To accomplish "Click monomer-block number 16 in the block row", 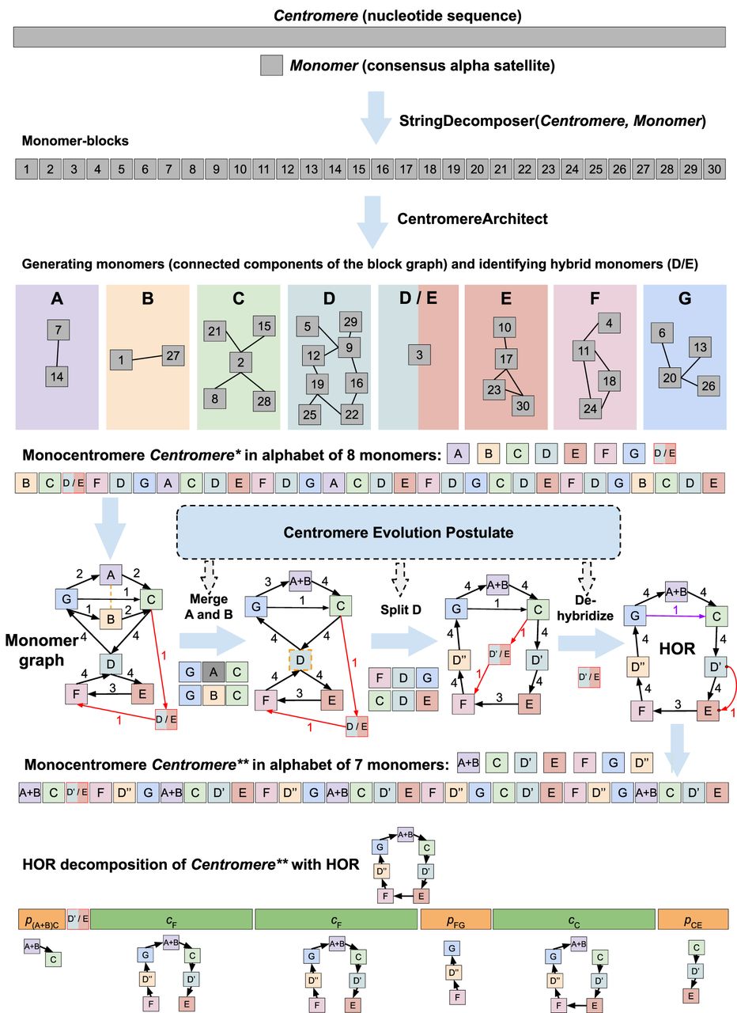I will coord(382,169).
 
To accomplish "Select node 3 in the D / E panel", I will coord(419,355).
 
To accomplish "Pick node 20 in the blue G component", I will coord(671,378).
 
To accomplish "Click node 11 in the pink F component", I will coord(584,350).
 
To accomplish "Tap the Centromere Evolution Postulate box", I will coord(399,532).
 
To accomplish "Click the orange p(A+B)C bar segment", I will coord(41,918).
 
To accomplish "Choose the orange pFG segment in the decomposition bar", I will coord(455,918).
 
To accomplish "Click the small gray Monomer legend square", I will coord(270,66).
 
